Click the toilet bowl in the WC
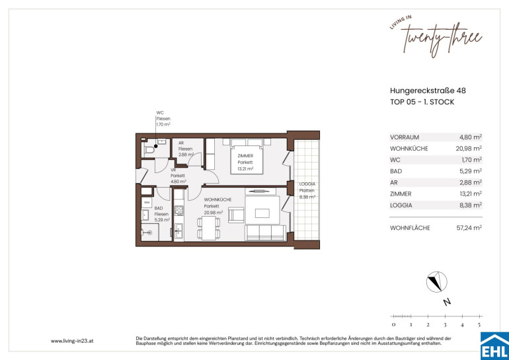[149, 150]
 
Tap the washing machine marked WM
[147, 202]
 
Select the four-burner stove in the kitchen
[179, 211]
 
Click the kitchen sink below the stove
[178, 231]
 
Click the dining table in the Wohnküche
[208, 229]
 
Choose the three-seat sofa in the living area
[266, 233]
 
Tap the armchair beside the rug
[236, 215]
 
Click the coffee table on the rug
[262, 213]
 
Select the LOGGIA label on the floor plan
[307, 184]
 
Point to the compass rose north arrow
[436, 282]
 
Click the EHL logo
[494, 345]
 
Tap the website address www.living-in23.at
[72, 342]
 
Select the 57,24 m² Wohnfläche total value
[469, 228]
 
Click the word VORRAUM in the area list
[405, 137]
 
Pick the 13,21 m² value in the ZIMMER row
[470, 194]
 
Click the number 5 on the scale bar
[479, 324]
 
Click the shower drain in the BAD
[149, 233]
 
